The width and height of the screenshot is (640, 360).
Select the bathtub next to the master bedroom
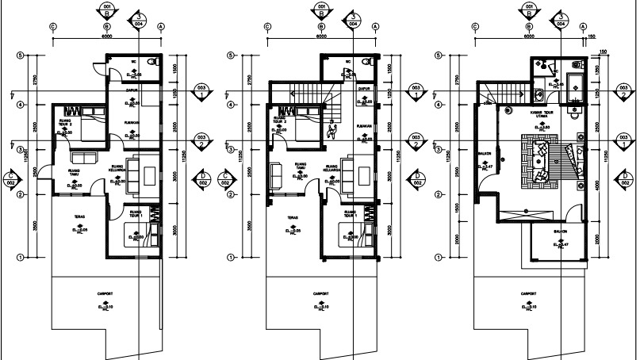click(x=577, y=85)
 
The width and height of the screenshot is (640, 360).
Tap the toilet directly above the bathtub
click(x=577, y=63)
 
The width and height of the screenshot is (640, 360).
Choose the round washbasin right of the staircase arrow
click(x=540, y=94)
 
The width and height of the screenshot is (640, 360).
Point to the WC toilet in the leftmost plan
click(x=156, y=61)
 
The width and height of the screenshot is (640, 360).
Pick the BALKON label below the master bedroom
click(x=560, y=232)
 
